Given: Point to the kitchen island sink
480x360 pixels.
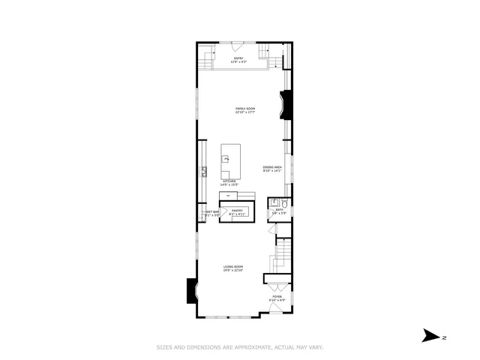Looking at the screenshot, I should pyautogui.click(x=225, y=158).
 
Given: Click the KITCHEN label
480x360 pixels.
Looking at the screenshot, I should pyautogui.click(x=229, y=180).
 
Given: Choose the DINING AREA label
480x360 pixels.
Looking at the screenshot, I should pyautogui.click(x=272, y=166).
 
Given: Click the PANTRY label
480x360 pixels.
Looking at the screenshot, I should pyautogui.click(x=237, y=211).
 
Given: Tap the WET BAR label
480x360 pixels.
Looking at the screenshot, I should pyautogui.click(x=212, y=211).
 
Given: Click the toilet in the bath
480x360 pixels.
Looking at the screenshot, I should pyautogui.click(x=284, y=203).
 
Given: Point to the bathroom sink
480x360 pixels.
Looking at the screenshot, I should pyautogui.click(x=274, y=202).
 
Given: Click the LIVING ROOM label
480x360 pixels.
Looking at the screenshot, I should pyautogui.click(x=232, y=267).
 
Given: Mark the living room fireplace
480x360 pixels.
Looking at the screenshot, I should pyautogui.click(x=191, y=290).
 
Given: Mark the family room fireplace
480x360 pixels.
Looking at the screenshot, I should pyautogui.click(x=285, y=105).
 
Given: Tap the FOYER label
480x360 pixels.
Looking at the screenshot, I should pyautogui.click(x=277, y=297).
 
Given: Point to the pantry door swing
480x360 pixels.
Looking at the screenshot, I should pyautogui.click(x=223, y=212).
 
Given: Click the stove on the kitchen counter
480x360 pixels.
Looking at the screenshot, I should pyautogui.click(x=203, y=171).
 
